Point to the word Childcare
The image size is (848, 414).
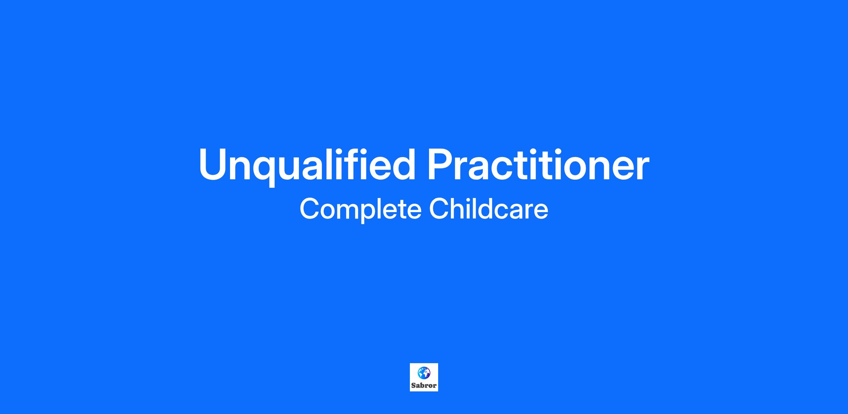tap(489, 209)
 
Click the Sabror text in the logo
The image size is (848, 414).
tap(424, 385)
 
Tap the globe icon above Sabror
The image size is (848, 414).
tap(424, 373)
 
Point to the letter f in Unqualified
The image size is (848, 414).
tap(355, 164)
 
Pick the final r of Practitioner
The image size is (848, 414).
tap(642, 169)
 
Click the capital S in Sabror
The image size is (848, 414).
tap(413, 385)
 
